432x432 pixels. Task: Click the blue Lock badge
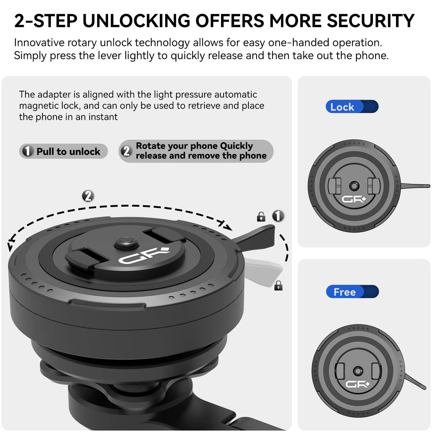(x=352, y=106)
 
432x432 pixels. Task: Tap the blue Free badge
(x=352, y=292)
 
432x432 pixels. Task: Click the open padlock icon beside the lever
(x=261, y=217)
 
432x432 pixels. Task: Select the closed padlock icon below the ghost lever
(x=278, y=285)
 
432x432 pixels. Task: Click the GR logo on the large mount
(x=144, y=256)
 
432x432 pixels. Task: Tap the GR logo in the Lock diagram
(x=354, y=199)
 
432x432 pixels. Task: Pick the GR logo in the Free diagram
(x=357, y=384)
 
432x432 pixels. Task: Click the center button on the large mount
(x=126, y=243)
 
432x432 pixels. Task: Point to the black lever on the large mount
(x=256, y=238)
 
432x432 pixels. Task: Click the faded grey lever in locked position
(x=263, y=271)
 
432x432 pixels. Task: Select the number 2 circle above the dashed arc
(x=88, y=196)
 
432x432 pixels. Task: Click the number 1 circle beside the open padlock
(x=278, y=216)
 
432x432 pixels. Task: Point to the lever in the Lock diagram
(x=415, y=186)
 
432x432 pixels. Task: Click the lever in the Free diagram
(x=415, y=381)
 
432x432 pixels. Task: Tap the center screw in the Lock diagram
(x=354, y=186)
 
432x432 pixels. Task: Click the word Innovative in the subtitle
(x=39, y=42)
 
